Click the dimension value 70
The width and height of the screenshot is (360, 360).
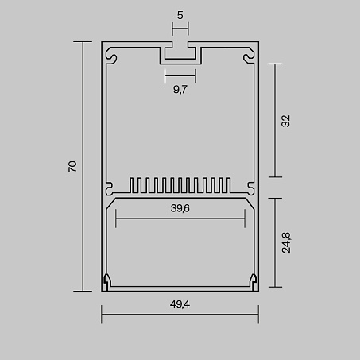(72, 166)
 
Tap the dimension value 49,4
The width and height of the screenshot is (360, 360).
(180, 304)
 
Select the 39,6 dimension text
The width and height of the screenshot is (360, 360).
(180, 208)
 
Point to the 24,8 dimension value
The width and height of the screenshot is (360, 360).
(286, 242)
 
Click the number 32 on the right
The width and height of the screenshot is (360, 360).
(286, 122)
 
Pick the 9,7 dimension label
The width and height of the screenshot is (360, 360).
(180, 90)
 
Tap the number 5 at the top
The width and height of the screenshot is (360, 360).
(180, 15)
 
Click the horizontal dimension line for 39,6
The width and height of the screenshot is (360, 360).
(180, 219)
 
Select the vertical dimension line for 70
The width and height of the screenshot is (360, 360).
(83, 166)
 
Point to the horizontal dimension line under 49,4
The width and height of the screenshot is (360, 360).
(180, 314)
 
